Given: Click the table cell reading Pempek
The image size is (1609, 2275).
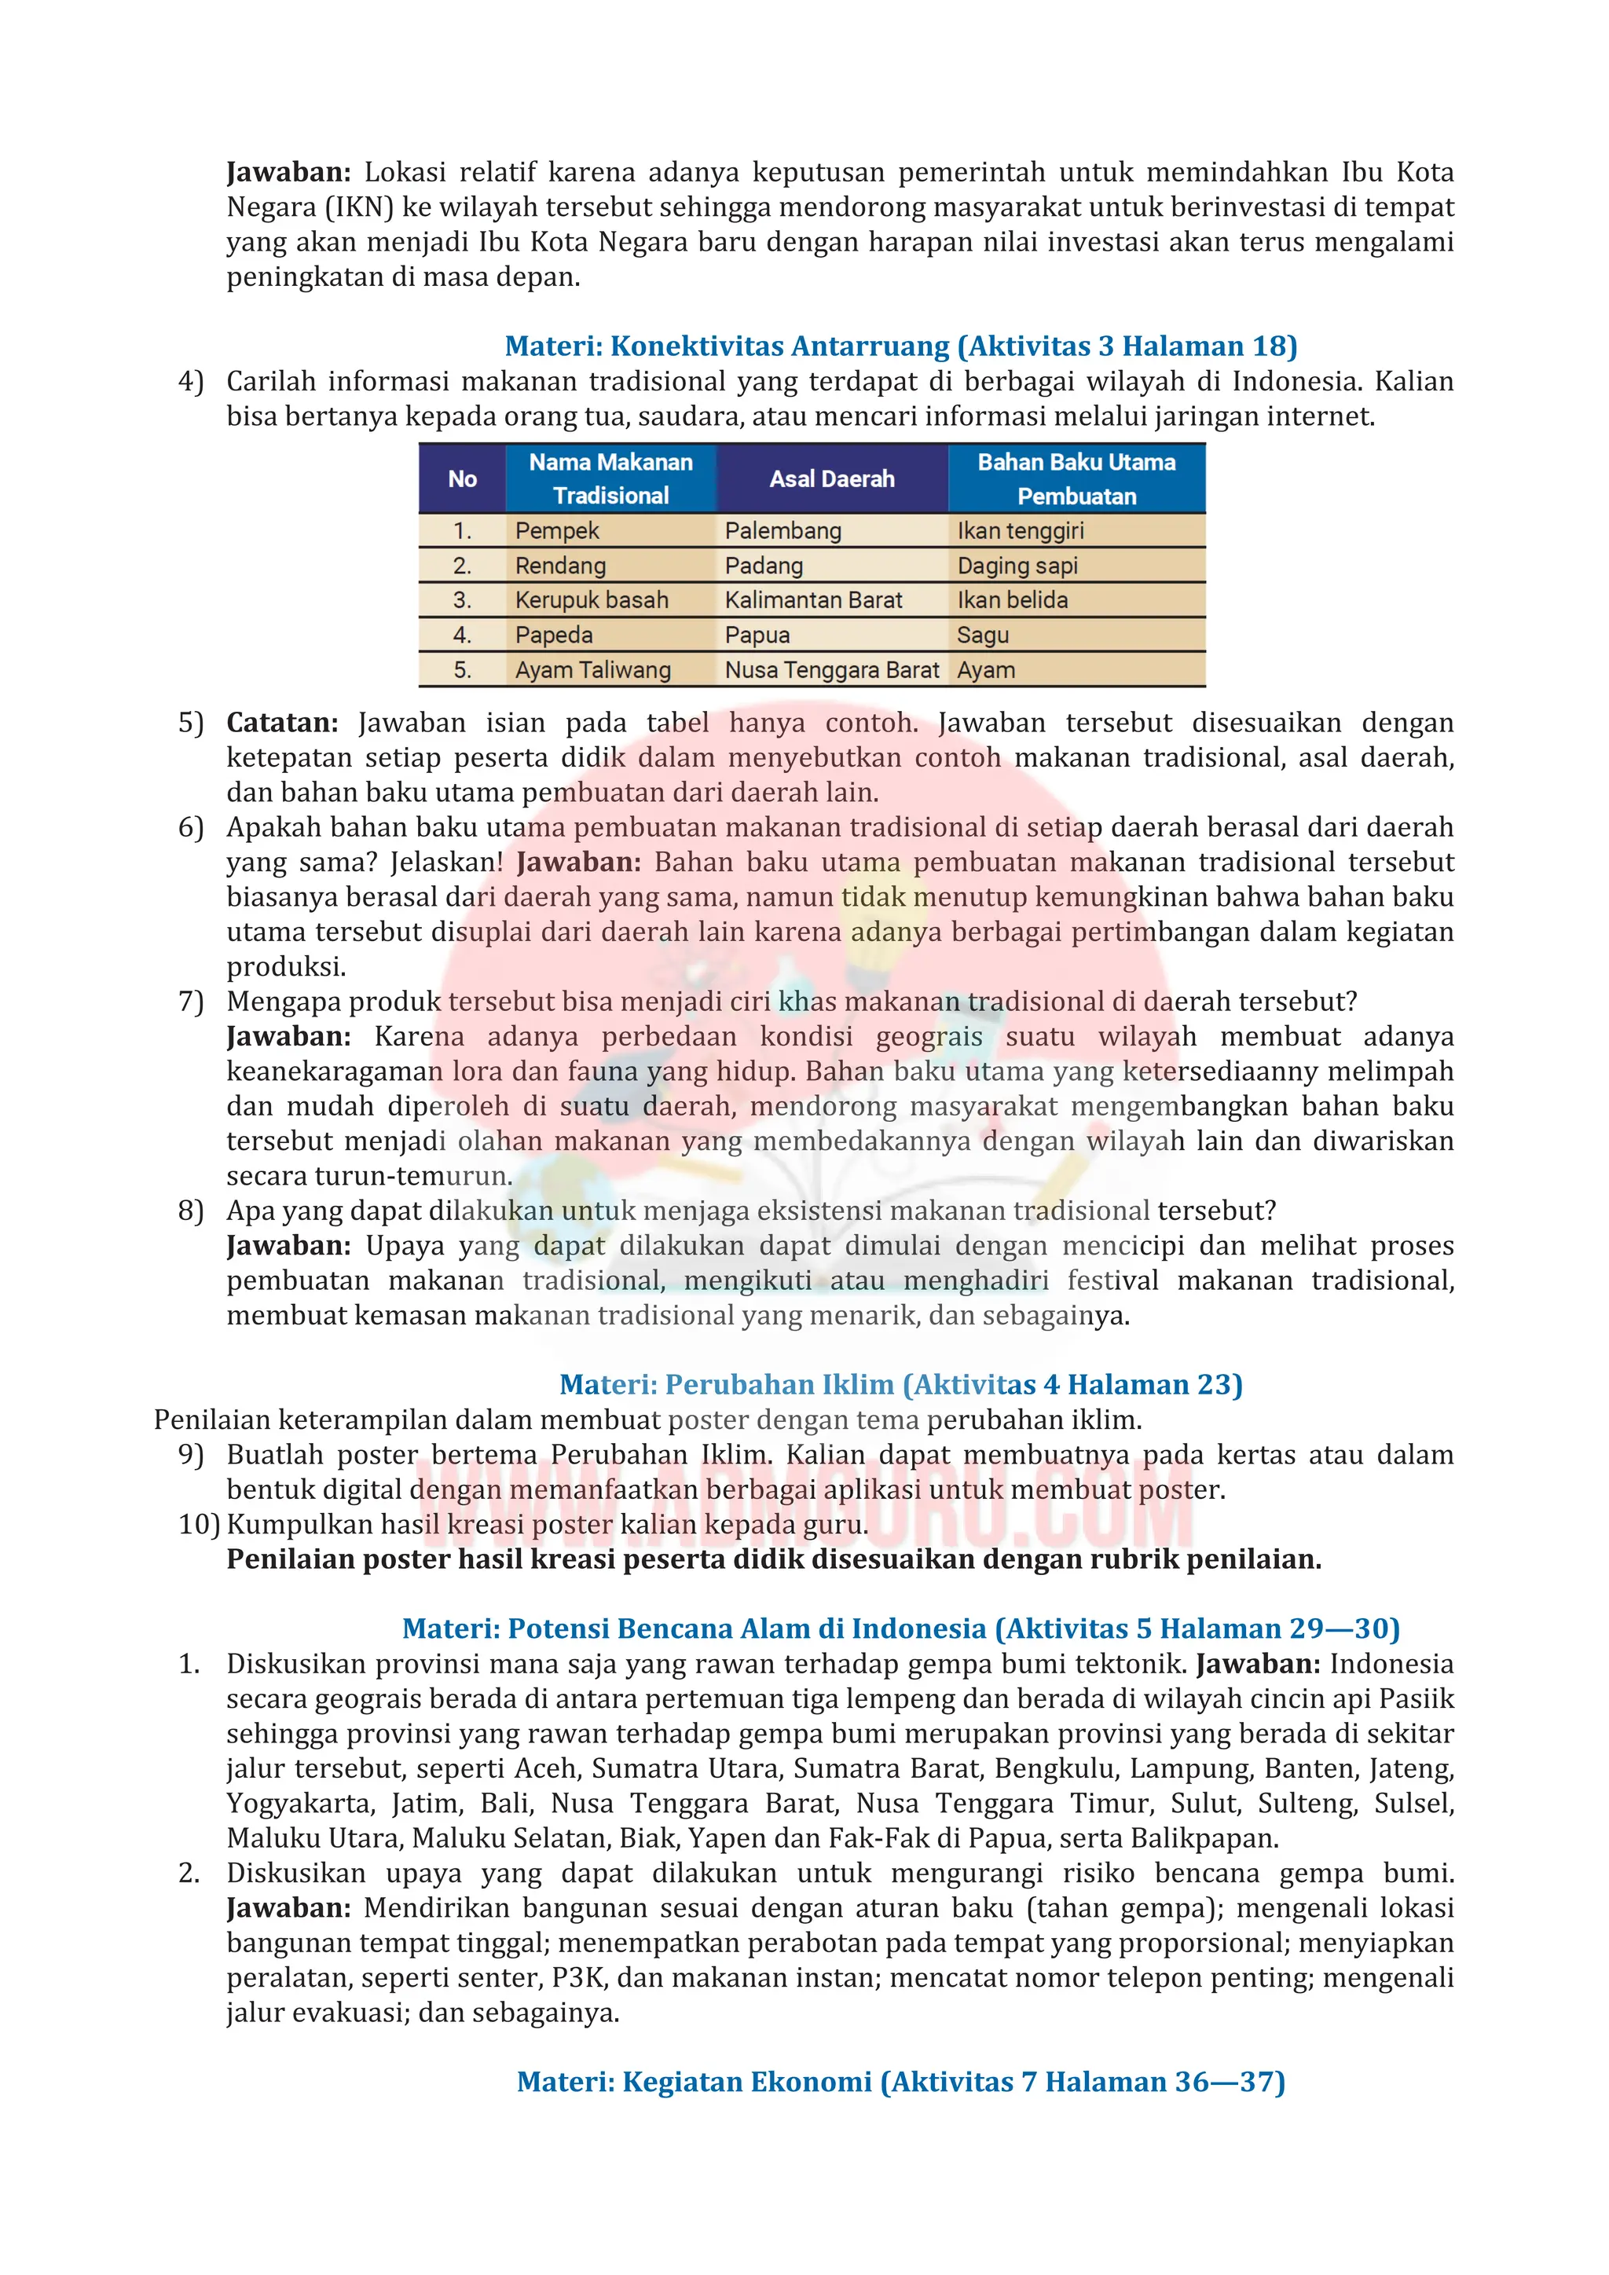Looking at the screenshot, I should point(557,531).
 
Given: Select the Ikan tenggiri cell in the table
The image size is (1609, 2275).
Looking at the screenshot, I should point(1021,531).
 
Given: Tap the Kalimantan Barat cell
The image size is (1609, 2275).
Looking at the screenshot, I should point(813,600).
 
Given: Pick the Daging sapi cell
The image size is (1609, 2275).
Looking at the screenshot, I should point(1017,566).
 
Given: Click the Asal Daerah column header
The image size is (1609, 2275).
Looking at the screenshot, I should point(831,479).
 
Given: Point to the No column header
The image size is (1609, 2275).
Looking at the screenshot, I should point(463,479).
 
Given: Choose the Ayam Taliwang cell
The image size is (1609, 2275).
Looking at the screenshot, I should point(592,671).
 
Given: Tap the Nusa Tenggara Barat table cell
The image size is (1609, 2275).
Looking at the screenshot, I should point(831,671).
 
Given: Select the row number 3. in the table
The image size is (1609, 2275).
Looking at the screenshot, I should point(463,600).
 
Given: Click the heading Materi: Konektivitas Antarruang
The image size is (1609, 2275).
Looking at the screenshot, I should point(900,346).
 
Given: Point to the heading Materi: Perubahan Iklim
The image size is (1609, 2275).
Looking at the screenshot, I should point(900,1384).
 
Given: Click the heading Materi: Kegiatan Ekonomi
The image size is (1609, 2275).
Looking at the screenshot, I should point(900,2082).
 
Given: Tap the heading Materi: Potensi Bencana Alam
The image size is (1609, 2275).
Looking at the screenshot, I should point(900,1629).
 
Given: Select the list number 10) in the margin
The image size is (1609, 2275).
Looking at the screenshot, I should point(198,1524).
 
